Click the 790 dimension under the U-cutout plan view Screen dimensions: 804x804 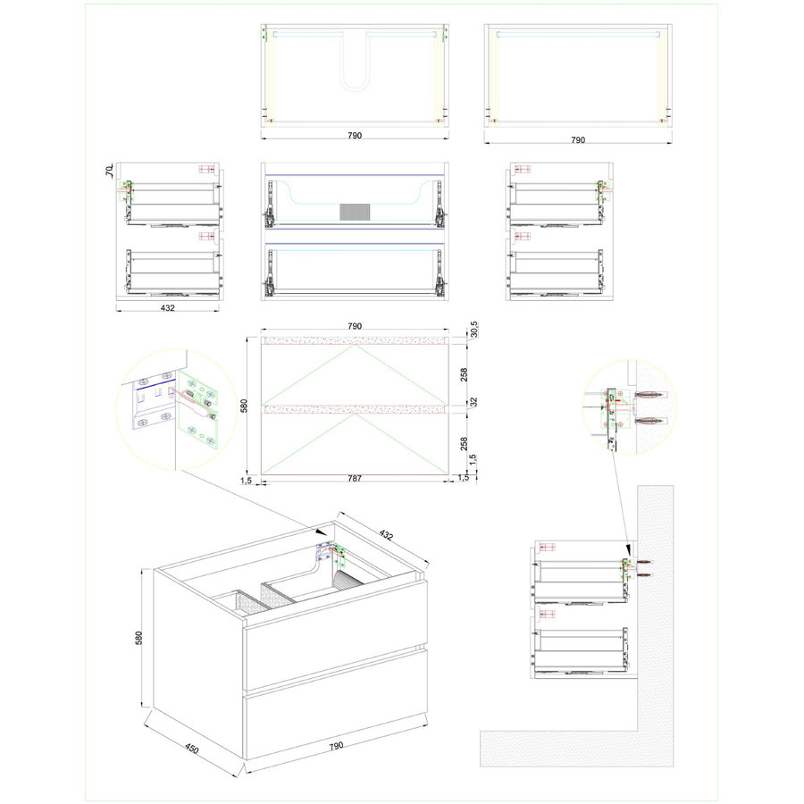pyautogui.click(x=355, y=136)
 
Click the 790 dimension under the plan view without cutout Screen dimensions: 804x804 pyautogui.click(x=578, y=139)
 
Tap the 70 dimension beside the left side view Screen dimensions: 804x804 pyautogui.click(x=109, y=171)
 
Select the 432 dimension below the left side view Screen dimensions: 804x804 pyautogui.click(x=168, y=307)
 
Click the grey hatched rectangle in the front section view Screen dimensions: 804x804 pyautogui.click(x=355, y=212)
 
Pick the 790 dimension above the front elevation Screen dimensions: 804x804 pyautogui.click(x=355, y=326)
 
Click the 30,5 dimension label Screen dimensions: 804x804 pyautogui.click(x=473, y=329)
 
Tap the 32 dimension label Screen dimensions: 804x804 pyautogui.click(x=473, y=402)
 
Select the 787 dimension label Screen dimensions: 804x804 pyautogui.click(x=355, y=479)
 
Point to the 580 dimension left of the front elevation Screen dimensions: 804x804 pyautogui.click(x=244, y=406)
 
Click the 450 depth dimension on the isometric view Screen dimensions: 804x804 pyautogui.click(x=191, y=750)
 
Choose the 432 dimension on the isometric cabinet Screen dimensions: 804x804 pyautogui.click(x=386, y=535)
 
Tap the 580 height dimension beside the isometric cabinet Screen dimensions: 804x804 pyautogui.click(x=138, y=637)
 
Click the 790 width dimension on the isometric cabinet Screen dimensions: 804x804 pyautogui.click(x=336, y=746)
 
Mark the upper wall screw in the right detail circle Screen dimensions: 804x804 pyautogui.click(x=651, y=395)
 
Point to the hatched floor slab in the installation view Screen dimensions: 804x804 pyautogui.click(x=559, y=749)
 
